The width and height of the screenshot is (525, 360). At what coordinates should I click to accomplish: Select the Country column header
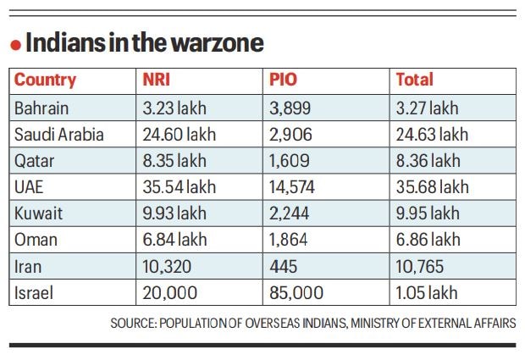[x=45, y=80]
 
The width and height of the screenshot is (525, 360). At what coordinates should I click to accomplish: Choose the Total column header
[x=415, y=80]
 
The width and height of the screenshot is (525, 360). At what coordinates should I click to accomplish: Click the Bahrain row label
[x=42, y=108]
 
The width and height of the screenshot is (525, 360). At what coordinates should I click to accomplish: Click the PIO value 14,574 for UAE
[x=294, y=186]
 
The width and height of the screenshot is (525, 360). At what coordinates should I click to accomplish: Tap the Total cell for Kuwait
[x=429, y=213]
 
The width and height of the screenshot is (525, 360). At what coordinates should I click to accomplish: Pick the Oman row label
[x=36, y=240]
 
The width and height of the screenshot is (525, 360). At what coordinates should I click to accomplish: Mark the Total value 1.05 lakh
[x=428, y=292]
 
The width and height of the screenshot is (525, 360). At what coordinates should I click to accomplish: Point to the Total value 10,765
[x=421, y=266]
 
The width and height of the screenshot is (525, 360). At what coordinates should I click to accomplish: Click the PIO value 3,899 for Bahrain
[x=290, y=108]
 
